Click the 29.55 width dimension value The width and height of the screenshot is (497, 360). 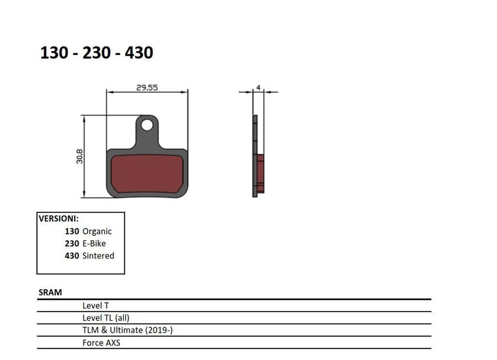[x=147, y=87]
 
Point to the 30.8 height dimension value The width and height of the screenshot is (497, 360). [x=79, y=157]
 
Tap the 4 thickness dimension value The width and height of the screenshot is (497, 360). [x=258, y=87]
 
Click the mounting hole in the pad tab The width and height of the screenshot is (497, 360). [x=147, y=125]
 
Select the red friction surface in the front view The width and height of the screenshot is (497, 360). [x=147, y=174]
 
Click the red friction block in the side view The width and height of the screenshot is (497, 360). [x=260, y=173]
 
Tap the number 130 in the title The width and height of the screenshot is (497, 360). [x=54, y=52]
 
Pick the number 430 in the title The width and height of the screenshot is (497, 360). [x=139, y=52]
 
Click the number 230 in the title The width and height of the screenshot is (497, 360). [x=97, y=52]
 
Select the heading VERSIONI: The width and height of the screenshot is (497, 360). [x=59, y=219]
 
